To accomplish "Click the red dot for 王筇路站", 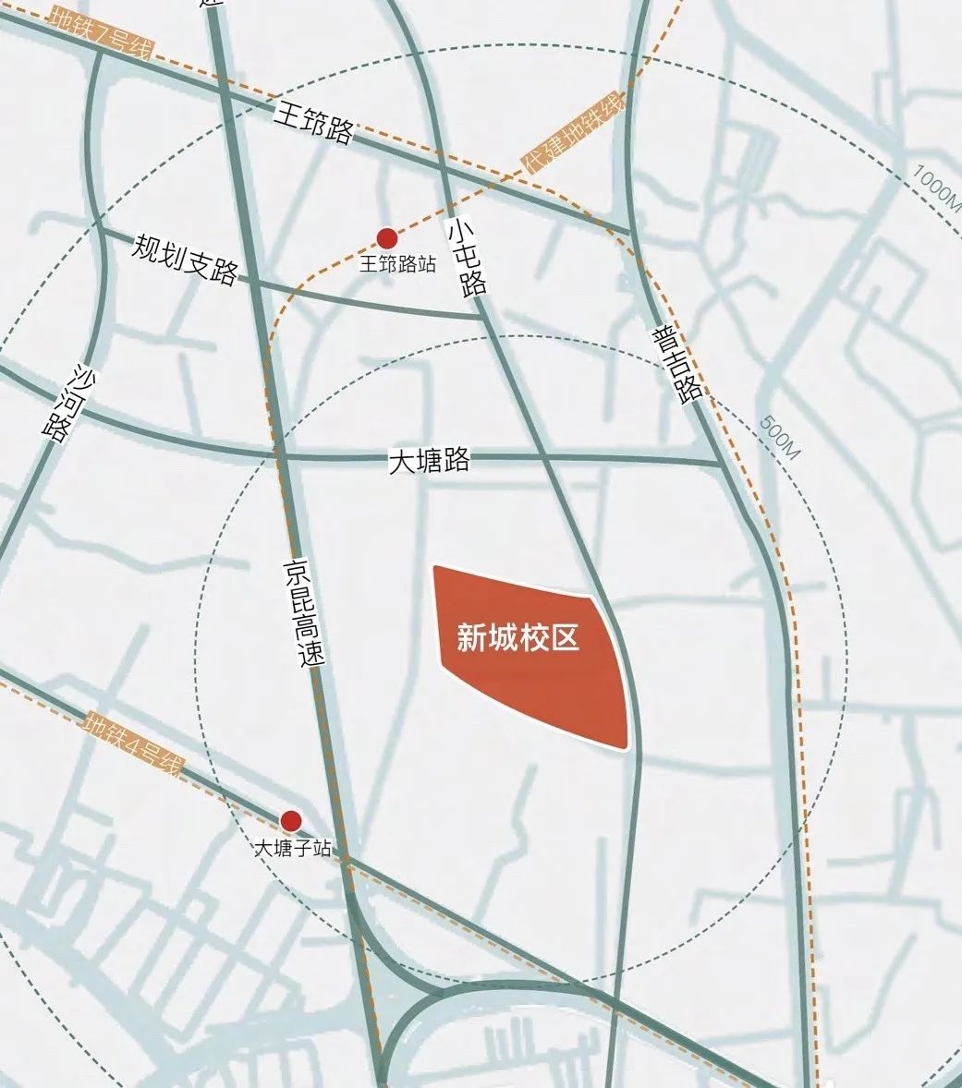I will (387, 238).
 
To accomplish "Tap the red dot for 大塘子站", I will (291, 820).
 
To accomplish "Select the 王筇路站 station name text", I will (397, 264).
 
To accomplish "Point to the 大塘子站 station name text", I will (292, 848).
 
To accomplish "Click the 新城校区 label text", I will (518, 637).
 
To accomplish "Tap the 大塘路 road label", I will (429, 459).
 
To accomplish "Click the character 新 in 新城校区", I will (471, 637).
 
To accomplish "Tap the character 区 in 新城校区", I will (566, 637).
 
